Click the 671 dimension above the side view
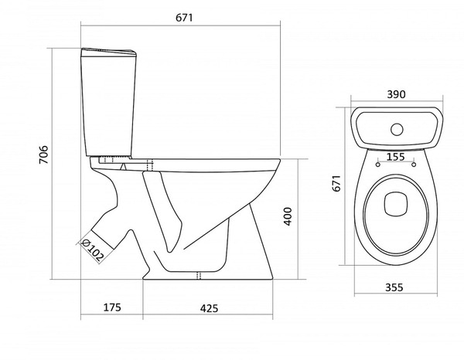pos(184,18)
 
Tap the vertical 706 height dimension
pos(44,155)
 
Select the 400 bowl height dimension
pos(288,216)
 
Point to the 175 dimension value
pos(112,307)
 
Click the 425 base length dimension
pos(210,308)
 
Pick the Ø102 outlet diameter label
pos(93,251)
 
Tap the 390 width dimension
pos(396,94)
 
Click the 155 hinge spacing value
pos(396,157)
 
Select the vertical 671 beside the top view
pos(336,183)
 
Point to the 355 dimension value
pos(394,287)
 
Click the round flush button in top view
pos(397,130)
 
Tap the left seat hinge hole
pos(378,165)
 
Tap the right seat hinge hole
pos(414,165)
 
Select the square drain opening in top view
pos(396,203)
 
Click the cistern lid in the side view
pos(108,53)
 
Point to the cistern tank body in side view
pos(108,106)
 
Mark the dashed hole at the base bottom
pos(199,275)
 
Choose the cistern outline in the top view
pos(397,128)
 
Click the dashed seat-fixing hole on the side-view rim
pos(150,165)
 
